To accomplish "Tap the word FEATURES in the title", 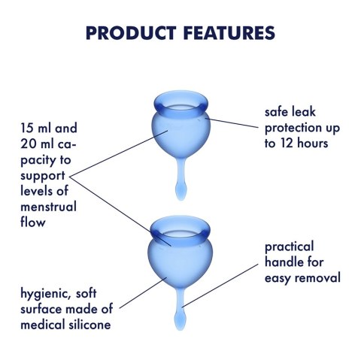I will (226, 33).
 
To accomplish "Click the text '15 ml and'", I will (50, 129).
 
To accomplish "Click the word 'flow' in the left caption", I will (34, 222).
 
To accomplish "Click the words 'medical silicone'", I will (71, 325).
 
